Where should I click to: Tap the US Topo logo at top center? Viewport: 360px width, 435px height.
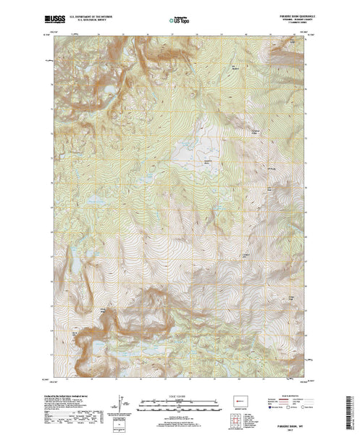point(180,15)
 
